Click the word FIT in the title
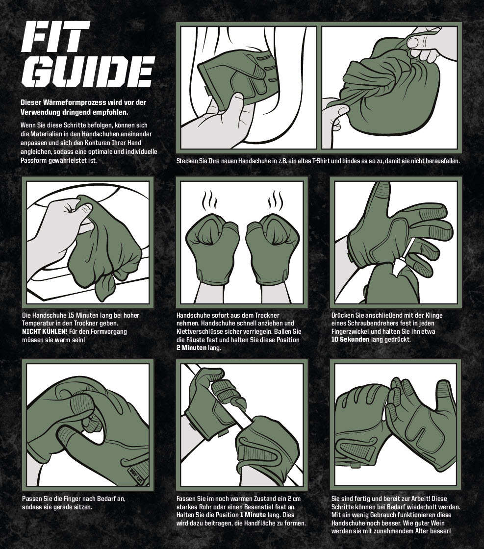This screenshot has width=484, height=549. pyautogui.click(x=52, y=37)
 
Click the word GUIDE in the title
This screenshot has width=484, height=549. pyautogui.click(x=88, y=72)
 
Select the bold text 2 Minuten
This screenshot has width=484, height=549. pyautogui.click(x=192, y=348)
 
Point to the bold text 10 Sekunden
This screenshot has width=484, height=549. pyautogui.click(x=350, y=339)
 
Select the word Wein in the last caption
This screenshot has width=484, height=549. pyautogui.click(x=438, y=523)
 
